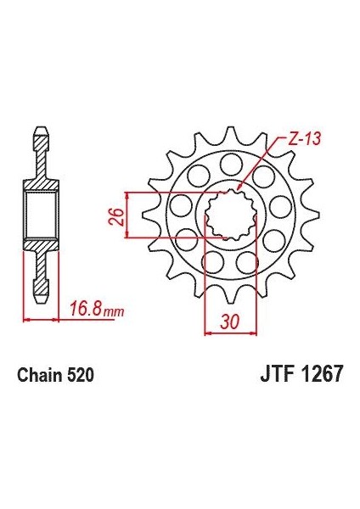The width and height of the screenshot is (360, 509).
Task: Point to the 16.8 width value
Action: pyautogui.click(x=84, y=310)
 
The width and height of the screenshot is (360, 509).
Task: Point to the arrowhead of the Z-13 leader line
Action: pyautogui.click(x=239, y=187)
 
